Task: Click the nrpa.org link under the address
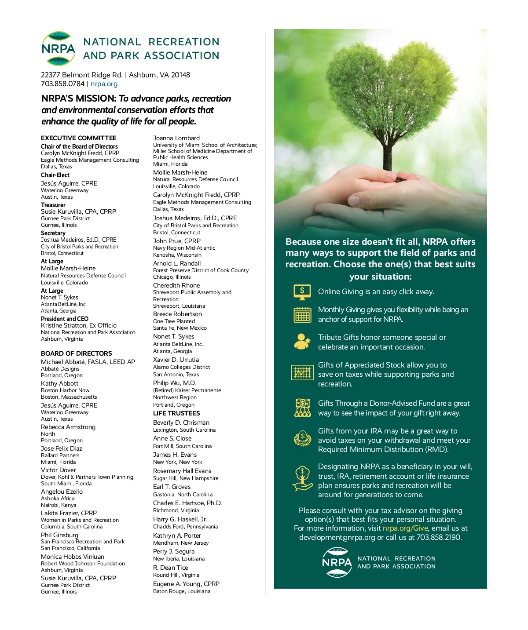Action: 104,84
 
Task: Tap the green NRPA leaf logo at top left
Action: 58,48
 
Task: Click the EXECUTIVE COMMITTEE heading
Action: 79,138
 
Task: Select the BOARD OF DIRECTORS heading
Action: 77,353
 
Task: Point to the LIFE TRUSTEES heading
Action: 176,413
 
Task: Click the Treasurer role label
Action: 53,205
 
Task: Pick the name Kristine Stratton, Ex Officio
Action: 79,325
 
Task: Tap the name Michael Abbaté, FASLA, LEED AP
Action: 88,362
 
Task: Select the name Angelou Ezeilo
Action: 62,492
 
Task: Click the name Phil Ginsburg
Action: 59,535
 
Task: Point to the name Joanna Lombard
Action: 176,138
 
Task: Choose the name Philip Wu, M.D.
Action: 174,383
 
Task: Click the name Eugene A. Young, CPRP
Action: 186,584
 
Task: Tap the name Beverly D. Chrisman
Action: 181,422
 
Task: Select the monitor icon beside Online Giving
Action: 302,291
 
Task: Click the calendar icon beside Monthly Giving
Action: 302,315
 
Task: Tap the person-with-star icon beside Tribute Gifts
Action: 302,342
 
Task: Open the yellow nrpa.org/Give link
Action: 405,528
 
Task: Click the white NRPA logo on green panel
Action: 337,562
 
